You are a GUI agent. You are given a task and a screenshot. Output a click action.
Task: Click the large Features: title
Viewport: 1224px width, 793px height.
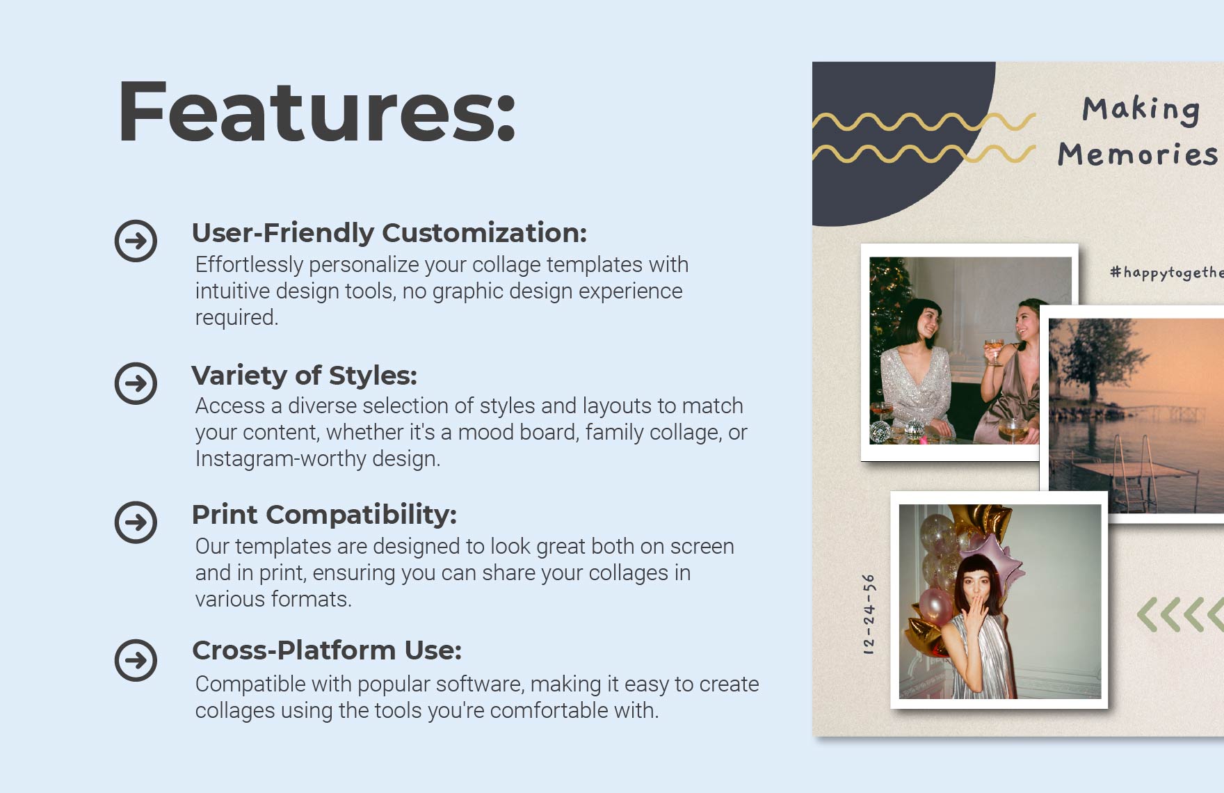coord(316,111)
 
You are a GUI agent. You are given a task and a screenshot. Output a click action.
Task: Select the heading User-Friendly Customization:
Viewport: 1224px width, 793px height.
coord(389,233)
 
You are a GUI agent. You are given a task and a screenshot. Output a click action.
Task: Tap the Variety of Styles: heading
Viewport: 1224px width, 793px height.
coord(304,376)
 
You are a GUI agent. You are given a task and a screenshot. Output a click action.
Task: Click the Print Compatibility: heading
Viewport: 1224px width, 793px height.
coord(324,515)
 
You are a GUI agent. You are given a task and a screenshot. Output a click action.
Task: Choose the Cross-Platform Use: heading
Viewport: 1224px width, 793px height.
coord(327,650)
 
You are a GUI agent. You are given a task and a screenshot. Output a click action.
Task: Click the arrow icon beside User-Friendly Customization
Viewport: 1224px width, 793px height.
coord(136,241)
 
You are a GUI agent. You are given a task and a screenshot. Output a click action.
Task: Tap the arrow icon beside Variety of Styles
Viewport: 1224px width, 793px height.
coord(136,383)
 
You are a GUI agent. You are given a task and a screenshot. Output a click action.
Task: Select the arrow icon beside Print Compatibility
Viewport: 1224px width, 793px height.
coord(136,522)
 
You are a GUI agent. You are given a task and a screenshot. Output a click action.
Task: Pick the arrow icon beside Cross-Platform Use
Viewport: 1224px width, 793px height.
coord(136,660)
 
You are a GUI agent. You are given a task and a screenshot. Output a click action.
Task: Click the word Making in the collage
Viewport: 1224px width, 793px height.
coord(1141,110)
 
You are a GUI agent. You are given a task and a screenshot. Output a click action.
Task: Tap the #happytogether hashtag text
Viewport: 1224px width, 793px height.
coord(1166,273)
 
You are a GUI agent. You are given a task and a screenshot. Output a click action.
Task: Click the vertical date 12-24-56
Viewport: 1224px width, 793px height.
coord(869,614)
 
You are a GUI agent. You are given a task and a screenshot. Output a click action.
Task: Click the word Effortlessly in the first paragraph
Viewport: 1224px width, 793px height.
coord(249,265)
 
